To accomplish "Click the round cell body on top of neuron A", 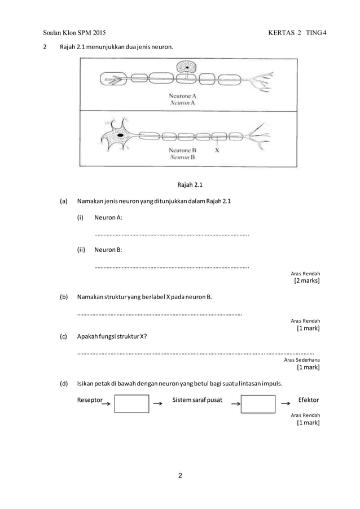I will pyautogui.click(x=186, y=68).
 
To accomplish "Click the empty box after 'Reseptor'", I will pyautogui.click(x=131, y=405).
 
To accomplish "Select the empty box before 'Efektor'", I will pyautogui.click(x=258, y=405).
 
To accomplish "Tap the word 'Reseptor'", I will pyautogui.click(x=90, y=400).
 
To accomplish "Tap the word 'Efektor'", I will pyautogui.click(x=308, y=400).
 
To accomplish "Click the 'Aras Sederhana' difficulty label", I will pyautogui.click(x=301, y=359).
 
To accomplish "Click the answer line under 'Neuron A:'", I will pyautogui.click(x=172, y=234).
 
